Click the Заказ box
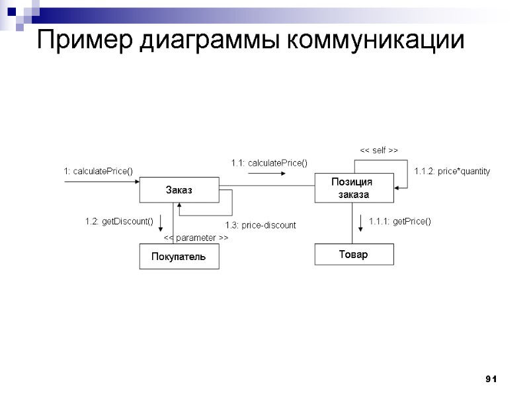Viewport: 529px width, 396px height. click(179, 190)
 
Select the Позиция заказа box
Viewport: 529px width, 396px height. click(354, 188)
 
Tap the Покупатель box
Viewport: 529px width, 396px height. click(179, 256)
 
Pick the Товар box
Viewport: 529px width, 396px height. click(353, 254)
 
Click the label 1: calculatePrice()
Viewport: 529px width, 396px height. click(99, 171)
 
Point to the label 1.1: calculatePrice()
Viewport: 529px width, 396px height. click(269, 162)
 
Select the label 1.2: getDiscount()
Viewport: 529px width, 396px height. click(119, 221)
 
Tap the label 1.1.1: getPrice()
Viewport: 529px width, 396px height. click(399, 221)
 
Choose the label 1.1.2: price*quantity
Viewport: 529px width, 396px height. click(452, 171)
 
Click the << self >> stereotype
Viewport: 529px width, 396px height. click(378, 151)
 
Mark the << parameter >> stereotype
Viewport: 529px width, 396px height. click(196, 237)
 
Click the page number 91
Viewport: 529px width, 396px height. click(490, 379)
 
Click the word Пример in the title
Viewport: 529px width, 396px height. click(86, 41)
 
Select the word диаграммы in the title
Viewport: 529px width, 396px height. click(212, 41)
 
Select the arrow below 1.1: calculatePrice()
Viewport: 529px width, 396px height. click(267, 174)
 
